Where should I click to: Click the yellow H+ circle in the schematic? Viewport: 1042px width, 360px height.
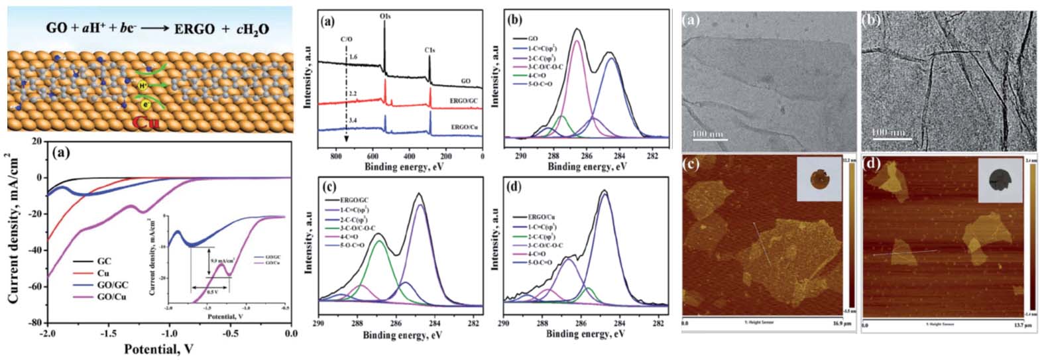(x=143, y=86)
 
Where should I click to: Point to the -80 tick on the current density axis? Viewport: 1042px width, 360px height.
(x=34, y=323)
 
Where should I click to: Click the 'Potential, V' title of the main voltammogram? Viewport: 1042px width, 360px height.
(x=169, y=349)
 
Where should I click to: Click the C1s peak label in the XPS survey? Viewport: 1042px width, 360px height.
(x=430, y=49)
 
